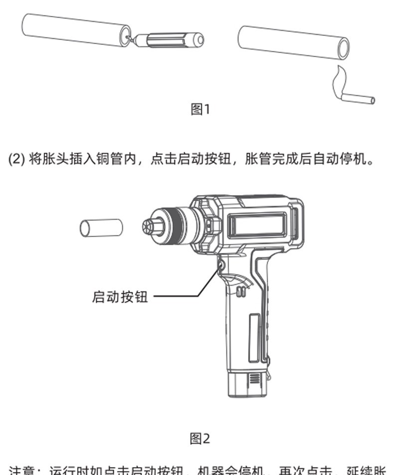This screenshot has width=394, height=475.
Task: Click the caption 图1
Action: [200, 109]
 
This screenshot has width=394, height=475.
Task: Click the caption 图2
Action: [200, 439]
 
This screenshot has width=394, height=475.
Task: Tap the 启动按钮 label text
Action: [120, 296]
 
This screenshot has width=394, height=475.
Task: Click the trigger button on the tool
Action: [220, 265]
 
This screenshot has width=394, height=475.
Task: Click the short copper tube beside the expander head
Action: [101, 228]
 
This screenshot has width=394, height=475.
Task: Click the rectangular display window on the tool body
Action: [257, 226]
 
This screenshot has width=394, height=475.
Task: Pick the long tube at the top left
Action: [75, 30]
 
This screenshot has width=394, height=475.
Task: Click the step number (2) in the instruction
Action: [17, 160]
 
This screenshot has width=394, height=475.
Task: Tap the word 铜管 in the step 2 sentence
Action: [109, 160]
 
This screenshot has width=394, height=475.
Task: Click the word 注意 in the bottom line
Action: [23, 471]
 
